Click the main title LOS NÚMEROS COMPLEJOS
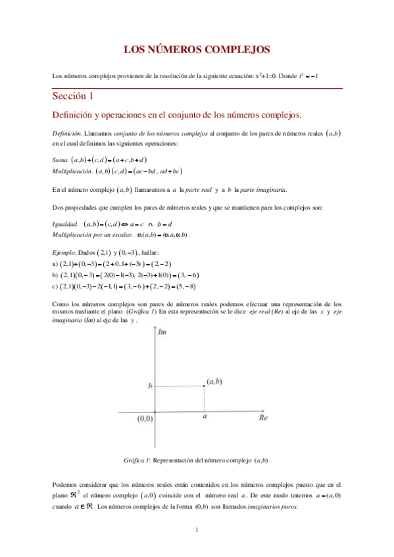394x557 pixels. coord(197,49)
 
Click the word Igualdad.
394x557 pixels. coord(66,224)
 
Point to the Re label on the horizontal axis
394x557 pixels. coord(263,417)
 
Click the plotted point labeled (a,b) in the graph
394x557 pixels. coord(205,387)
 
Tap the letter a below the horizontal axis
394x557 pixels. coord(205,416)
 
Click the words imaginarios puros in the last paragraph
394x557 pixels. coord(276,506)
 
